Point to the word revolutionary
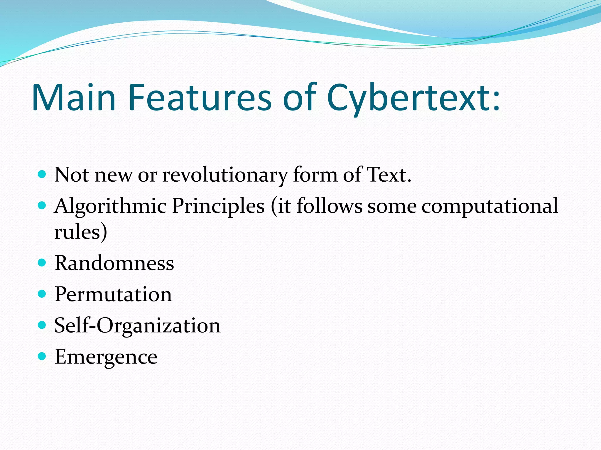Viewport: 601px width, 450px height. [x=225, y=175]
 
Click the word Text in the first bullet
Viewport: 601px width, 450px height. [x=389, y=175]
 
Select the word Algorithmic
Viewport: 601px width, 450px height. [x=110, y=206]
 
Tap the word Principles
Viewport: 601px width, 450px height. [x=218, y=206]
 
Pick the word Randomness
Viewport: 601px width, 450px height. [x=114, y=263]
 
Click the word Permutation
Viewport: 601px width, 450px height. [x=113, y=294]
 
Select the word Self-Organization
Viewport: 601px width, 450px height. [x=137, y=325]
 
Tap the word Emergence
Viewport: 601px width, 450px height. [x=106, y=357]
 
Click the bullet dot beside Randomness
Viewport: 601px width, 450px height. [x=42, y=262]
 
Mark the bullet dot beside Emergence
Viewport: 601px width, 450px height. [x=42, y=356]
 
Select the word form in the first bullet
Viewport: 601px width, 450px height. [x=315, y=175]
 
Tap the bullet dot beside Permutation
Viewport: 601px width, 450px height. [x=42, y=294]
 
